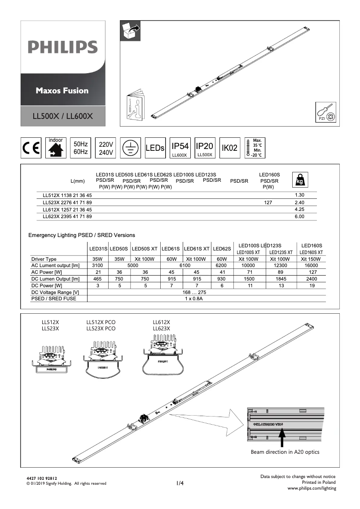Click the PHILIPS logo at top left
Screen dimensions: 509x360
(x=63, y=47)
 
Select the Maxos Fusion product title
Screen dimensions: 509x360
(x=62, y=90)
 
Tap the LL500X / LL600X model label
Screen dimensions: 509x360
(x=63, y=116)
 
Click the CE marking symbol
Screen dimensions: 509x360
(x=31, y=148)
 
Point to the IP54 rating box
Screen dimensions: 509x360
(x=180, y=148)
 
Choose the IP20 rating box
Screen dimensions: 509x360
(x=205, y=148)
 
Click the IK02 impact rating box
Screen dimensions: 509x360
(x=229, y=148)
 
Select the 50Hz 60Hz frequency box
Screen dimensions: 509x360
(x=81, y=148)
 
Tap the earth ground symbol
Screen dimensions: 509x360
(x=130, y=148)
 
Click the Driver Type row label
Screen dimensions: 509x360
(x=44, y=259)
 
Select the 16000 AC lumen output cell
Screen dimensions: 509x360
(x=312, y=266)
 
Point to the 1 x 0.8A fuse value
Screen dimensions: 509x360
(x=194, y=299)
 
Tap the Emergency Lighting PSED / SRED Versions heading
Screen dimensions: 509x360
(x=82, y=235)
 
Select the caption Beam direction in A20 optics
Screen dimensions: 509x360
(x=285, y=452)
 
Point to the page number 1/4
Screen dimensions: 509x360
(x=180, y=483)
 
